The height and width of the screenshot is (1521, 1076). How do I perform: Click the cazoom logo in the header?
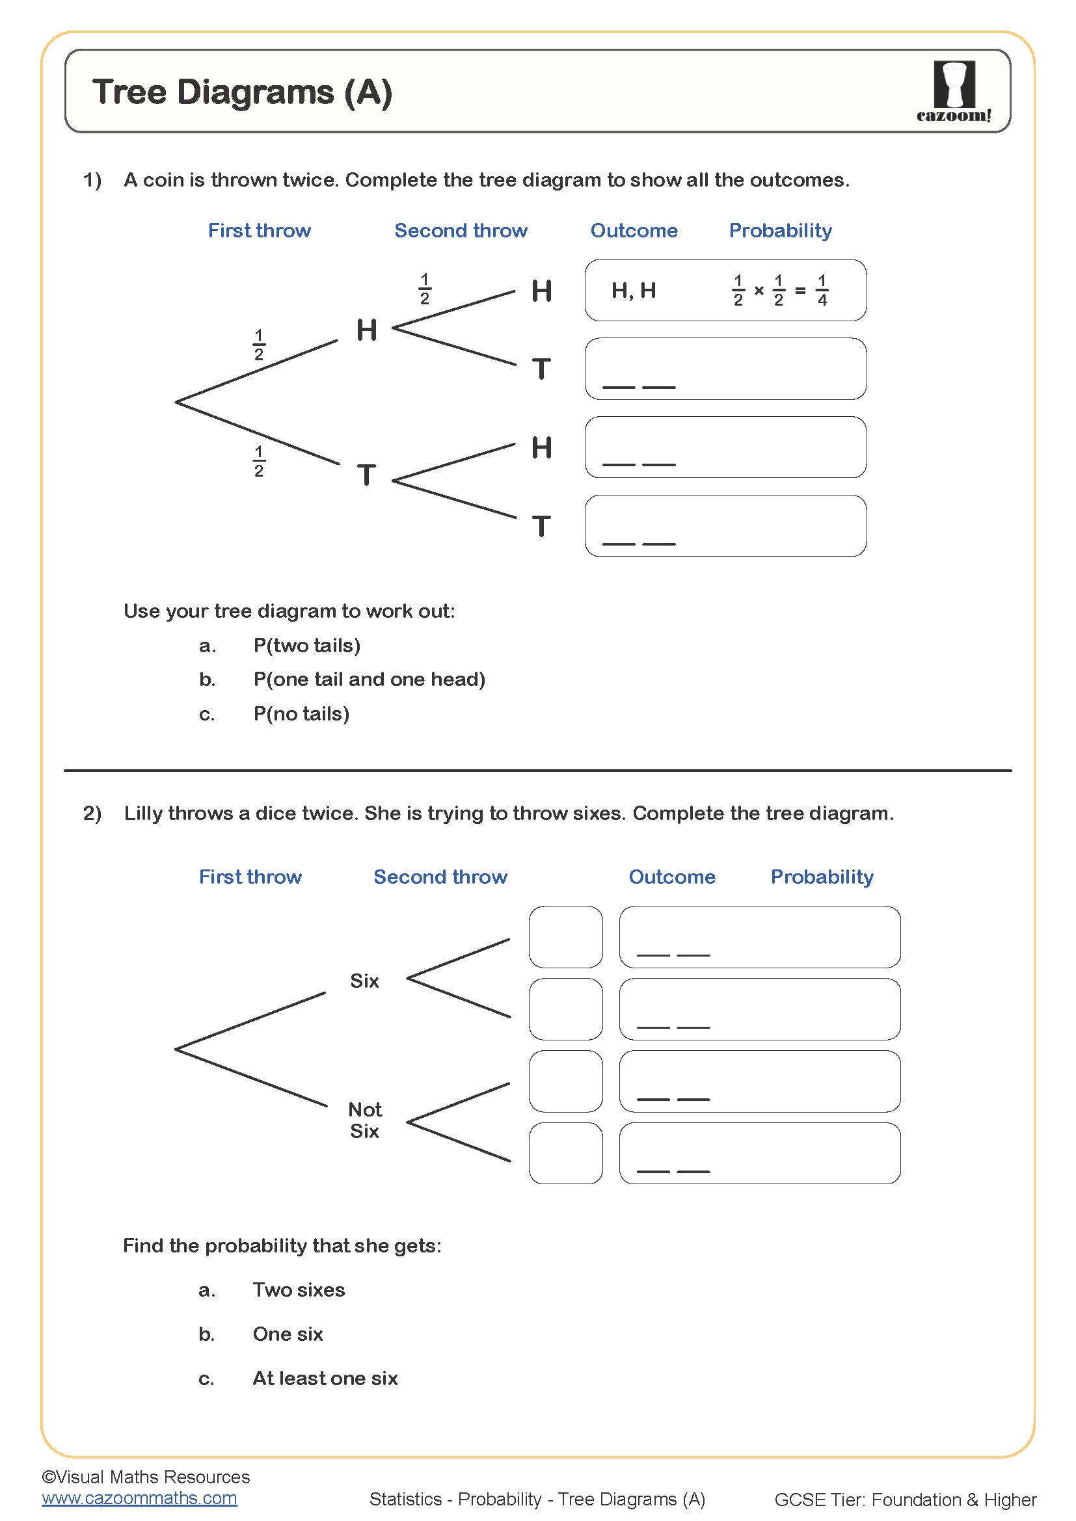point(954,91)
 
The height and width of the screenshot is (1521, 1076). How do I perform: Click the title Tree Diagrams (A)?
point(242,92)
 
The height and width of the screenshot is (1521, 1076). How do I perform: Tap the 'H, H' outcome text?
point(634,290)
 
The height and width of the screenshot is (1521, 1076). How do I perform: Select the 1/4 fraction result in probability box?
point(822,290)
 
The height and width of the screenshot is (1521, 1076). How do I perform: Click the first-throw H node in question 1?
point(366,330)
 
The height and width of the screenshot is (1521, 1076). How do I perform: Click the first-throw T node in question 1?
point(366,475)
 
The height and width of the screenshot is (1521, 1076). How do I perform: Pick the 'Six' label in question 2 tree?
point(364,981)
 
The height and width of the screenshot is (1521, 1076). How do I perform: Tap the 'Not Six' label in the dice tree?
point(364,1120)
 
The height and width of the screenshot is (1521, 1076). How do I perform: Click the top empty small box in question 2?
point(565,936)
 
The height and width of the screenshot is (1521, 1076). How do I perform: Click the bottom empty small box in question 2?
point(565,1154)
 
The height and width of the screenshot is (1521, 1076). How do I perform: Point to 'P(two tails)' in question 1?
point(307,645)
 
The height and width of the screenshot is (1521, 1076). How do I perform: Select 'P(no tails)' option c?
point(301,713)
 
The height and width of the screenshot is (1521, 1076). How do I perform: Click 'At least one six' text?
point(325,1378)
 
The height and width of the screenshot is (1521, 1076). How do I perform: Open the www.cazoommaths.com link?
point(139,1498)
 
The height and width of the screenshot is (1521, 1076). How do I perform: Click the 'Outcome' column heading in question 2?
point(671,877)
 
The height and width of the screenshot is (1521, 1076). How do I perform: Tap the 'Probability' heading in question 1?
point(780,231)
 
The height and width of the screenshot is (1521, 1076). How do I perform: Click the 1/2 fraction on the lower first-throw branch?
point(259,461)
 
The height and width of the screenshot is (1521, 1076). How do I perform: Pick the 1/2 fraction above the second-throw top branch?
point(425,289)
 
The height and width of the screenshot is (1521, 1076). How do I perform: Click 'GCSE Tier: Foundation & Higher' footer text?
point(904,1499)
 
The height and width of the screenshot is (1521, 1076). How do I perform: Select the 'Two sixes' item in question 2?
point(299,1290)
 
